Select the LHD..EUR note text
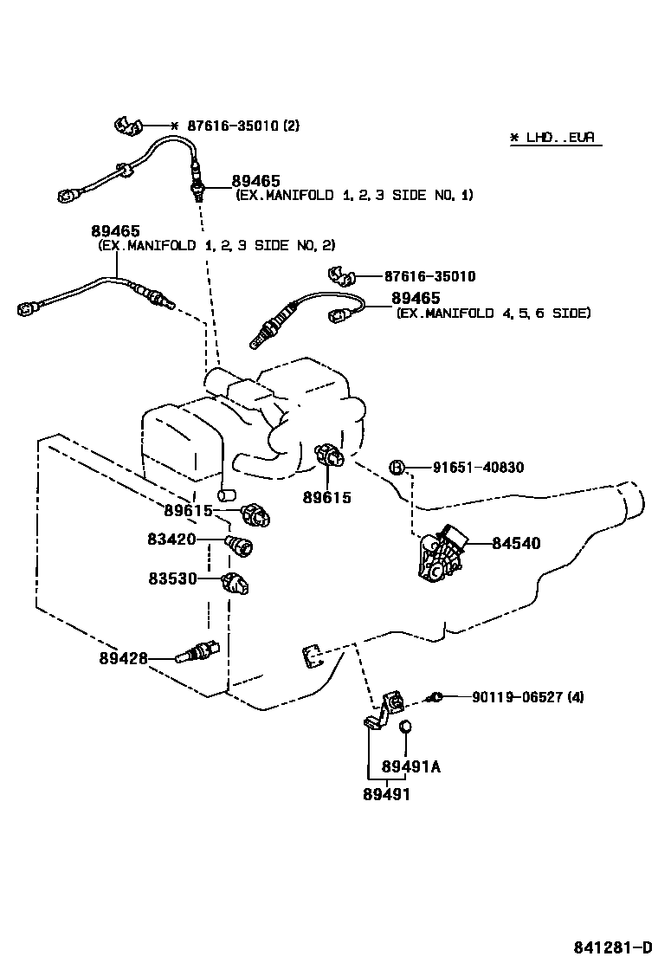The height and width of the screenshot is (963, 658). [554, 138]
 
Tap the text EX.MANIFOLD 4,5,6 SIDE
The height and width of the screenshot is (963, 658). [493, 313]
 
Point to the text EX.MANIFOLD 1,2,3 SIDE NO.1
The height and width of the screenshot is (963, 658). [354, 196]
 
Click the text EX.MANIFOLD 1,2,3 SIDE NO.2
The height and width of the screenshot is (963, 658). [216, 246]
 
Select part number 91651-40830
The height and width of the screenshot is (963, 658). [478, 468]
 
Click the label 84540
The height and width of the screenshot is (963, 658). [516, 544]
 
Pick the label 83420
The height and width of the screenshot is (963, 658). [171, 540]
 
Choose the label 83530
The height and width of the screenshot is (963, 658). [171, 578]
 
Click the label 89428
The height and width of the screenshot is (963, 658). [122, 658]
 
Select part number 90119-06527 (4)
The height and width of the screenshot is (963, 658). [527, 696]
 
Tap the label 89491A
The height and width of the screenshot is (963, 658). [411, 767]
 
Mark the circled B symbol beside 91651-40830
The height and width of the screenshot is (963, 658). [396, 468]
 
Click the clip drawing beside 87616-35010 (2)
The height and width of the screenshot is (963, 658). [128, 126]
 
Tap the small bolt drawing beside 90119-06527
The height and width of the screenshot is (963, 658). [437, 696]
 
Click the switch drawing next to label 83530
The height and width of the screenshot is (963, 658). [235, 582]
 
